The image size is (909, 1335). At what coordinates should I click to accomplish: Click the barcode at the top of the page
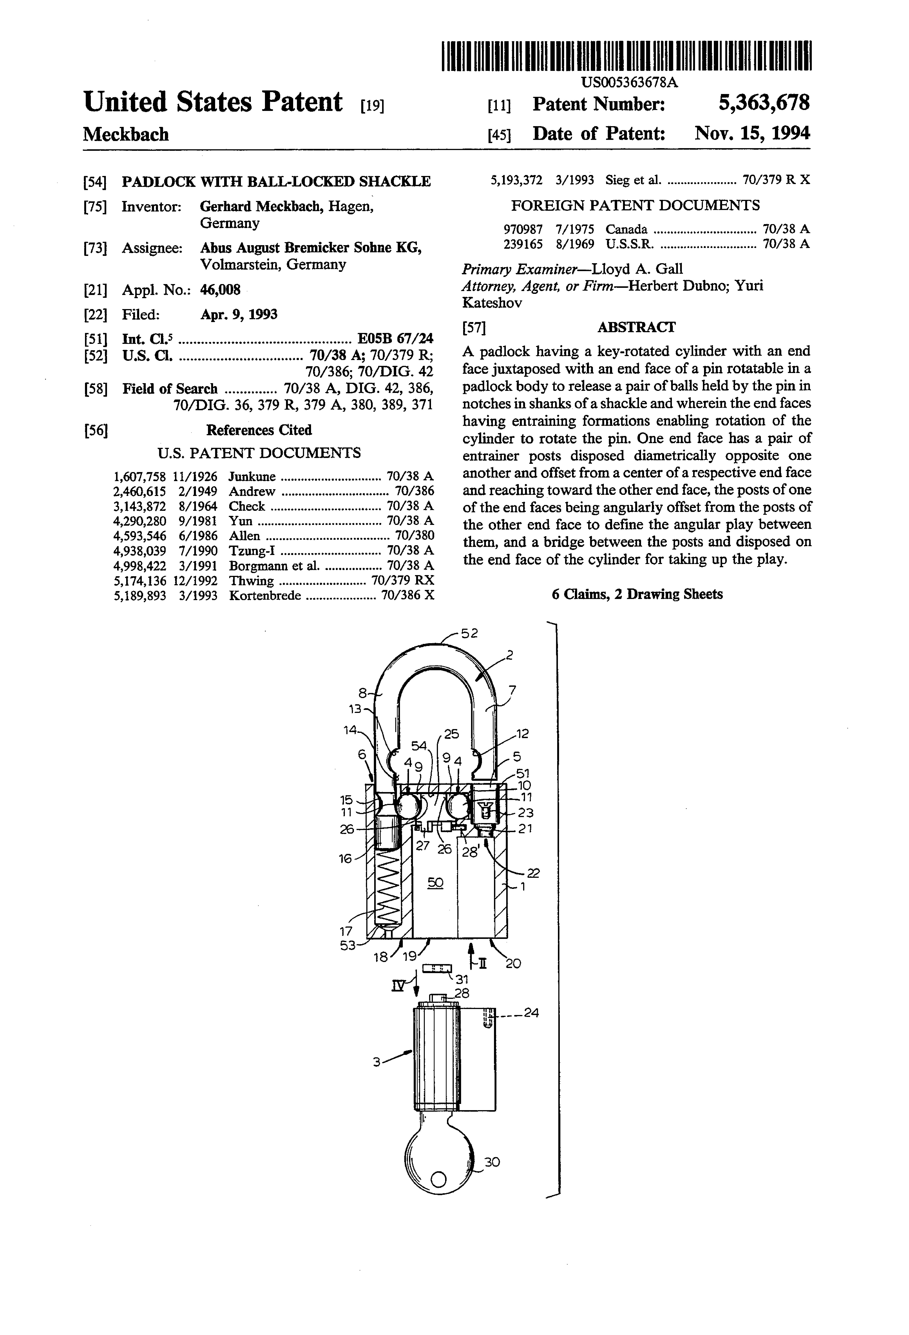coord(626,56)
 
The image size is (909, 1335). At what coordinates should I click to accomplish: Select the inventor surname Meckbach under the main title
coord(126,134)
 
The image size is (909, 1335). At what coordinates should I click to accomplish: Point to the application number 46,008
coord(220,290)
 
